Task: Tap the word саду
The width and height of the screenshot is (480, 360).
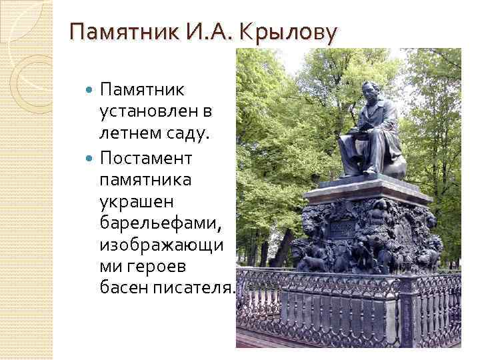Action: (x=189, y=134)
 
